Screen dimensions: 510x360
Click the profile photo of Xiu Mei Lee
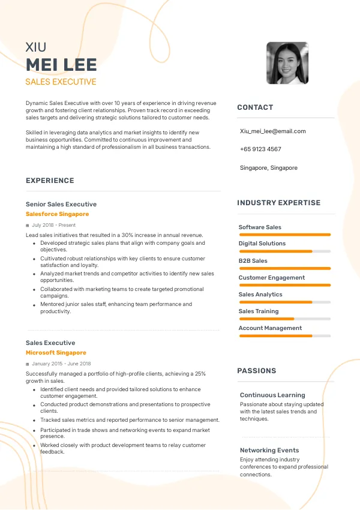287,63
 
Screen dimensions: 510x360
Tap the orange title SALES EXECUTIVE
61,82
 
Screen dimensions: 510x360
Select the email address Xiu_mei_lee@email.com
272,131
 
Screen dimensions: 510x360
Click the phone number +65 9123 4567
260,149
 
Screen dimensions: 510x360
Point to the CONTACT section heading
255,107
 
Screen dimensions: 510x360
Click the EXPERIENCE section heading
50,181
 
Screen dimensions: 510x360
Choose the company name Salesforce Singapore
57,214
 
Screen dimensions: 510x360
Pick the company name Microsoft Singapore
56,353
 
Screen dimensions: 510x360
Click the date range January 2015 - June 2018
61,364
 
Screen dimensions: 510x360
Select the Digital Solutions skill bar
284,251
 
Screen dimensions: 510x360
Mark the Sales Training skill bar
284,319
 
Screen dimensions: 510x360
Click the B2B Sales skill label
253,261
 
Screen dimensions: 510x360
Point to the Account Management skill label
270,328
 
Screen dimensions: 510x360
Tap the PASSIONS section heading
257,371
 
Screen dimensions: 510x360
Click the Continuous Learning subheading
272,395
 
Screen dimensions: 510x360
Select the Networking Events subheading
269,450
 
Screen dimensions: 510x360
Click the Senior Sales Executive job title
61,204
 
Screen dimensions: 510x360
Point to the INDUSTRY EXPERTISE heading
279,203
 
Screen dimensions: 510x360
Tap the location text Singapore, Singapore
268,168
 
